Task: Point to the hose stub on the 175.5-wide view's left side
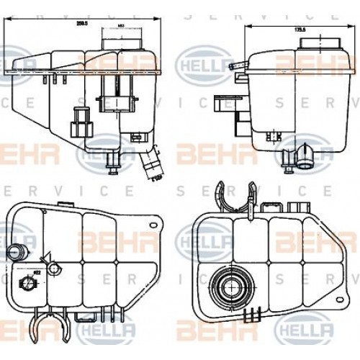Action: pyautogui.click(x=235, y=67)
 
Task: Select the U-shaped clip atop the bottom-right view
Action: pyautogui.click(x=240, y=197)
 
